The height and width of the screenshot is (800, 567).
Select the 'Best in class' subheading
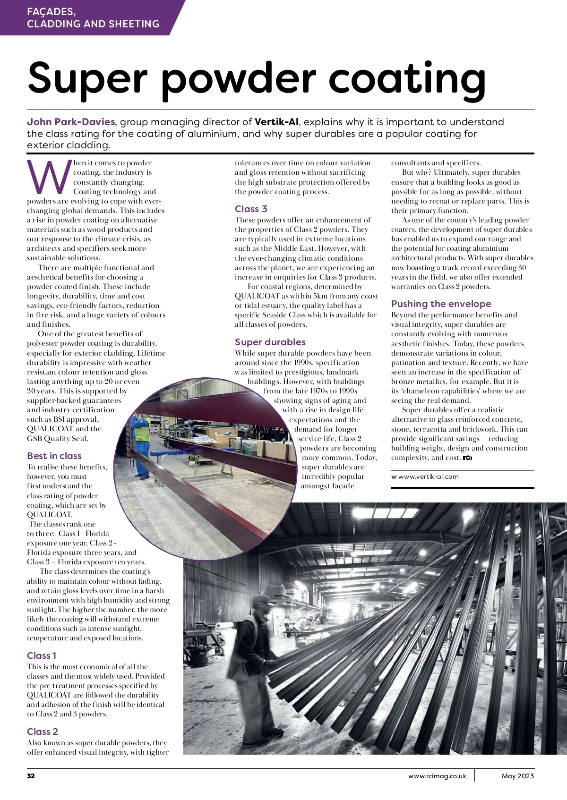click(54, 456)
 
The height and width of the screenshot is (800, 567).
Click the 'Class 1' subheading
click(42, 655)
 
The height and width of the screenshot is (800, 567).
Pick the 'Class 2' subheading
click(43, 732)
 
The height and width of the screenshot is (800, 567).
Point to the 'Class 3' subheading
click(251, 209)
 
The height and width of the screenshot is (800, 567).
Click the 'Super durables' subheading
click(270, 342)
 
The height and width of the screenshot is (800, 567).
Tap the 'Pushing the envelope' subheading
click(441, 304)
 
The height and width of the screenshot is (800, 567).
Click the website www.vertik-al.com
click(428, 477)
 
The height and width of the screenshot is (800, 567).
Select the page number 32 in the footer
click(31, 776)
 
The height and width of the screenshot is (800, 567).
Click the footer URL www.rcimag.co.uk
click(437, 776)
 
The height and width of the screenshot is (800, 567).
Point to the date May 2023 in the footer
click(518, 776)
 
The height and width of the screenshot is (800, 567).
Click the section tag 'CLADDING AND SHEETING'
click(93, 24)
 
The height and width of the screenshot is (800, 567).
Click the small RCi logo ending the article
click(467, 458)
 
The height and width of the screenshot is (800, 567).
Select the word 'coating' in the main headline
click(407, 78)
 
